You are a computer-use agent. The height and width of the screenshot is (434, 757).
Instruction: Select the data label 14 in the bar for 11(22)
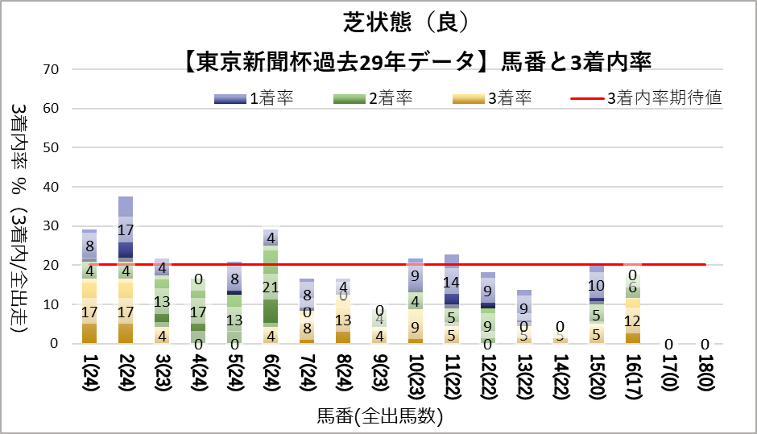[x=452, y=283]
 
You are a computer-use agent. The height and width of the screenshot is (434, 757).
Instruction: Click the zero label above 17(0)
[x=668, y=345]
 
